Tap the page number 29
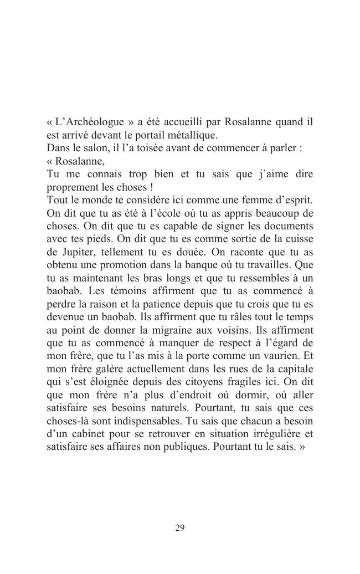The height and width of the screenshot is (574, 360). pos(180,528)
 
